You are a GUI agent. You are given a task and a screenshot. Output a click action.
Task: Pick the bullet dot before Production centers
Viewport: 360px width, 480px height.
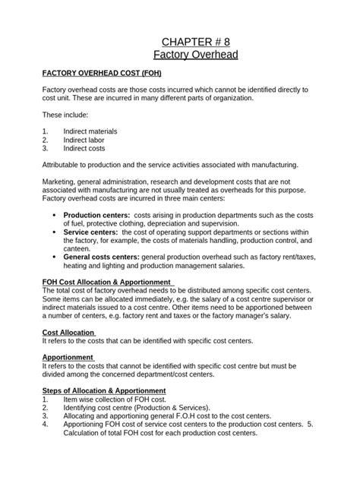[x=53, y=215]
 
